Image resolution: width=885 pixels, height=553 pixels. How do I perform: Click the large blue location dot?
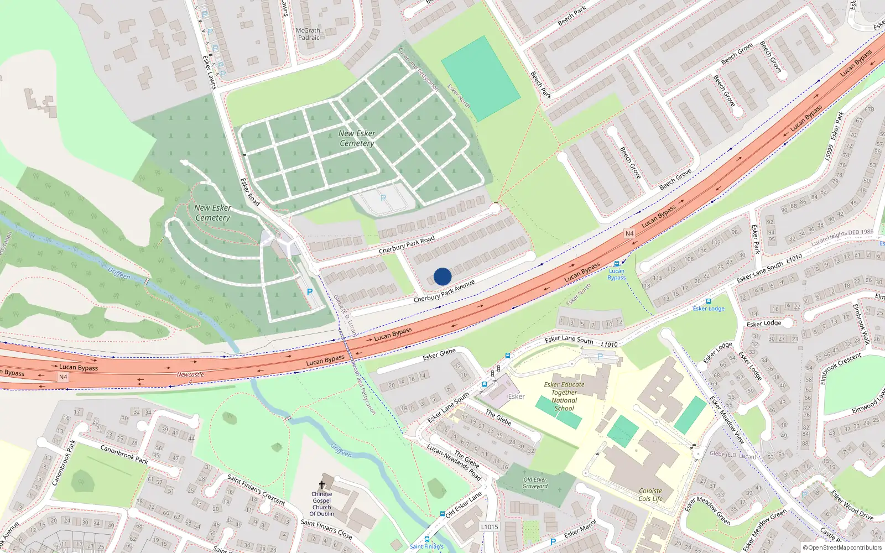[442, 276]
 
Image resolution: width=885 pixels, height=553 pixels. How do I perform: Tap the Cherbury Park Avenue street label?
[444, 291]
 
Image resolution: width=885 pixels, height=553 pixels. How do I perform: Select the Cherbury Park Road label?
[407, 245]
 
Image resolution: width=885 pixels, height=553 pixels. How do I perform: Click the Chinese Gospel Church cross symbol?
[322, 484]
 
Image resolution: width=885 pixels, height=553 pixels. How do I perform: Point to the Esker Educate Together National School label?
[564, 396]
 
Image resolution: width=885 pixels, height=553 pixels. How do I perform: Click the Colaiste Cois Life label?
[650, 494]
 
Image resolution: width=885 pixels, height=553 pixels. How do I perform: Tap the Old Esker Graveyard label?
[535, 483]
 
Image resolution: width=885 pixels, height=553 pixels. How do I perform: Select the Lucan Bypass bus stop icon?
[617, 264]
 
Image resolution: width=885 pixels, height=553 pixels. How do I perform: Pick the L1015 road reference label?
[490, 527]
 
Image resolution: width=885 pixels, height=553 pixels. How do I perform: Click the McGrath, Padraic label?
[309, 34]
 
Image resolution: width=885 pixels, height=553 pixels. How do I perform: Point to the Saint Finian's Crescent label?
[257, 489]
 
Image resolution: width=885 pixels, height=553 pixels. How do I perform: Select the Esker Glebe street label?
[439, 354]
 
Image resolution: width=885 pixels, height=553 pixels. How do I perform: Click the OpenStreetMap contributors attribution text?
[842, 547]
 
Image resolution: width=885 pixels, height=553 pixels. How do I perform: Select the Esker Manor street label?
[580, 528]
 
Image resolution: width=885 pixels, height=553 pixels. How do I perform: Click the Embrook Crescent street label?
[841, 367]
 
